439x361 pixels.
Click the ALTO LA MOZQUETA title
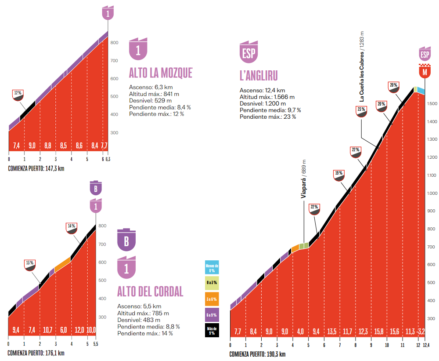(x=161, y=73)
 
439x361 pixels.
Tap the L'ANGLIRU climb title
(x=259, y=76)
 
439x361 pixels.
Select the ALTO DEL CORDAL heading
(x=150, y=291)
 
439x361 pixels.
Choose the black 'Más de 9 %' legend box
(x=211, y=331)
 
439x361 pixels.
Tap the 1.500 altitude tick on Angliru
(x=432, y=103)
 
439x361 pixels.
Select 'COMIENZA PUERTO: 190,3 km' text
(x=257, y=354)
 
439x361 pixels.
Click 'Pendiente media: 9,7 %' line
(x=270, y=110)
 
